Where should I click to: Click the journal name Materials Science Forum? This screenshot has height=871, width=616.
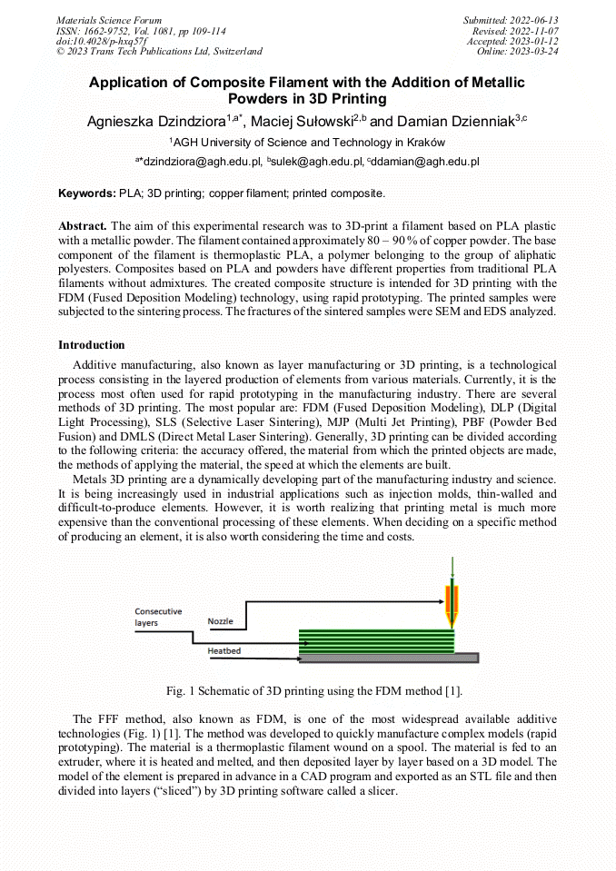(109, 20)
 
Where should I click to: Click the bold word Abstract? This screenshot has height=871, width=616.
(83, 224)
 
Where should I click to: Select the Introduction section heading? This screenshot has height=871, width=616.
(92, 345)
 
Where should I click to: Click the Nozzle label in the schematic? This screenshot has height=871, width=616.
(220, 621)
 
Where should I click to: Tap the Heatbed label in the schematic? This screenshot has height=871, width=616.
(224, 651)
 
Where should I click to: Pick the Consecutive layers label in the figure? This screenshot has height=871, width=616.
(158, 618)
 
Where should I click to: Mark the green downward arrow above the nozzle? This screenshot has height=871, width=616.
(452, 569)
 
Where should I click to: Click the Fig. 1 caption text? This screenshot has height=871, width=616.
(308, 691)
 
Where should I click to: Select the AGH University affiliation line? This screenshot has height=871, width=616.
(307, 143)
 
